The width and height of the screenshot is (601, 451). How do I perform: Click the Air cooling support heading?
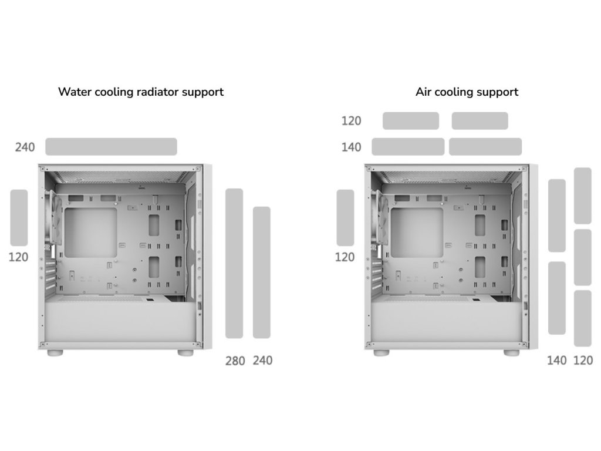(x=467, y=92)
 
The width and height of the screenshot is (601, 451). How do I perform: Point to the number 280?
(x=235, y=361)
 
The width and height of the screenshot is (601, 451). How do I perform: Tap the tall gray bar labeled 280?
(x=234, y=263)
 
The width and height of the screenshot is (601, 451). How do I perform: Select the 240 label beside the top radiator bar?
(x=25, y=147)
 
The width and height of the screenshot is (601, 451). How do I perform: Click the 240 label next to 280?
(x=262, y=361)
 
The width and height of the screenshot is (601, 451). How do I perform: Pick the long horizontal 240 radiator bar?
(x=111, y=147)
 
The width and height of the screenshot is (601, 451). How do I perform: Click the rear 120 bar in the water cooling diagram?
(x=19, y=217)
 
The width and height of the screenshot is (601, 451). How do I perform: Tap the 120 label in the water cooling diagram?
(x=18, y=257)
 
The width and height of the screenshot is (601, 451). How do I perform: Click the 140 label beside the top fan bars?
(x=351, y=147)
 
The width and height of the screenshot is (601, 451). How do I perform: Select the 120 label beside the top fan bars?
(x=351, y=121)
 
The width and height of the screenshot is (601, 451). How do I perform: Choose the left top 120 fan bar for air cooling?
(x=411, y=121)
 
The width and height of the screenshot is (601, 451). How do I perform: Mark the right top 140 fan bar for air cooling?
(x=485, y=147)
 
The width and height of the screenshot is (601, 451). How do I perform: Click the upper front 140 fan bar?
(x=556, y=216)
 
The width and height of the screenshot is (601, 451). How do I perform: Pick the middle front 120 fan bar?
(x=582, y=257)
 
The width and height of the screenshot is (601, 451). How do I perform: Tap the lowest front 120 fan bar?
(x=582, y=318)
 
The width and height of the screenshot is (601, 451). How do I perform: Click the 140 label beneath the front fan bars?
(x=556, y=361)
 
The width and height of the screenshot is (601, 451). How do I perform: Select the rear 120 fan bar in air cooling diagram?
(x=345, y=217)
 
